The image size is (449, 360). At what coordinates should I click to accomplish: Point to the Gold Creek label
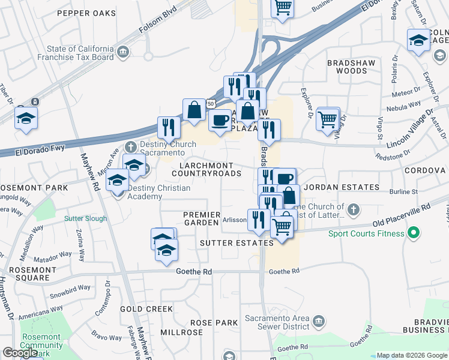[x=146, y=308]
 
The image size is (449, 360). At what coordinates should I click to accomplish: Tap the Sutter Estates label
[x=237, y=243]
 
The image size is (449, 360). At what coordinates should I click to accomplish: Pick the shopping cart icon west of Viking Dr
[x=328, y=119]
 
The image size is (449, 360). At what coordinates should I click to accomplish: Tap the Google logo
[x=20, y=353]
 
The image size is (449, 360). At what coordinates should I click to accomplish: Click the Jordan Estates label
[x=335, y=187]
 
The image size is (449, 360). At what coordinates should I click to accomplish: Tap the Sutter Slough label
[x=85, y=218]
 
